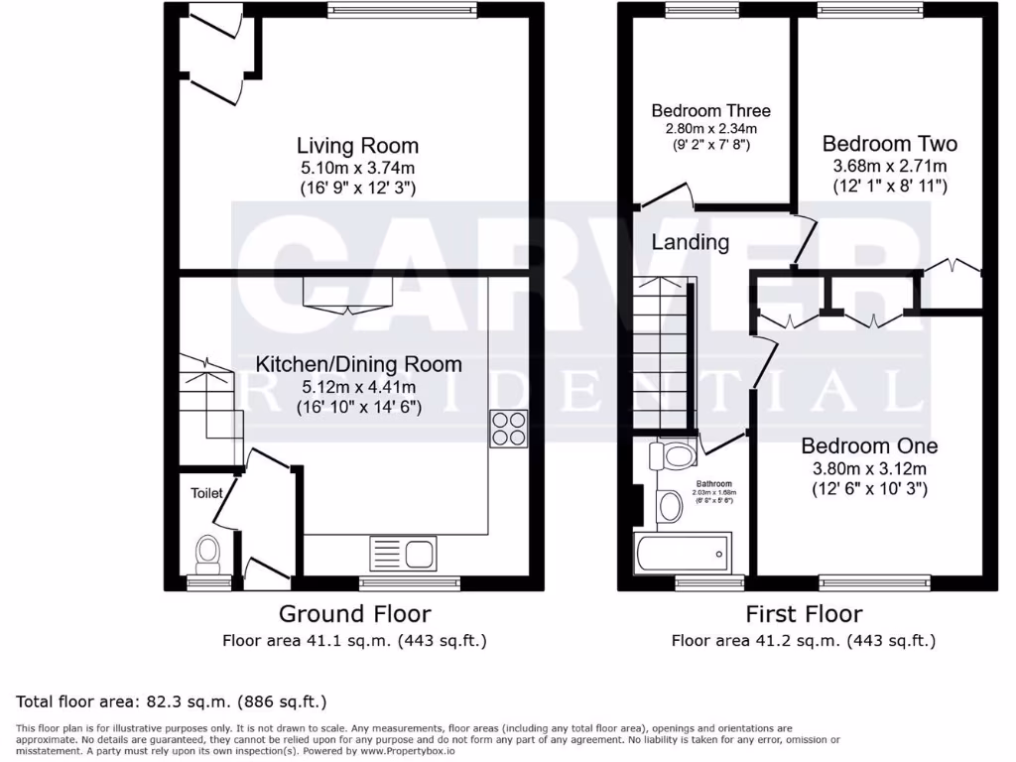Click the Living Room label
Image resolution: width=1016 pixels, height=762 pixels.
(x=344, y=146)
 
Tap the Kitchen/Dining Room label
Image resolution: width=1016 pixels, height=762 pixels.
(x=358, y=364)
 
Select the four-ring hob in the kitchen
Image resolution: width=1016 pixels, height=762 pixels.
(x=508, y=428)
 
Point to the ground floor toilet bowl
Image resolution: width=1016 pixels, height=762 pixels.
(x=208, y=554)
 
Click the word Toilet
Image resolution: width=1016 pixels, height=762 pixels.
(x=207, y=491)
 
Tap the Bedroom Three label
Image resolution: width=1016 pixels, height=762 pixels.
(x=710, y=110)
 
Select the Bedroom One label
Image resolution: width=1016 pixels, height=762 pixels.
(x=869, y=446)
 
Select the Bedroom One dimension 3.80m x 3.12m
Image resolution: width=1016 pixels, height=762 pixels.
(x=869, y=468)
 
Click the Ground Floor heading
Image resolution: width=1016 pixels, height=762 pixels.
(x=354, y=613)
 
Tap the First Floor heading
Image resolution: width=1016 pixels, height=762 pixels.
(x=804, y=613)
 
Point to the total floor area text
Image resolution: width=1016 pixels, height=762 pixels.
(x=172, y=702)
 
